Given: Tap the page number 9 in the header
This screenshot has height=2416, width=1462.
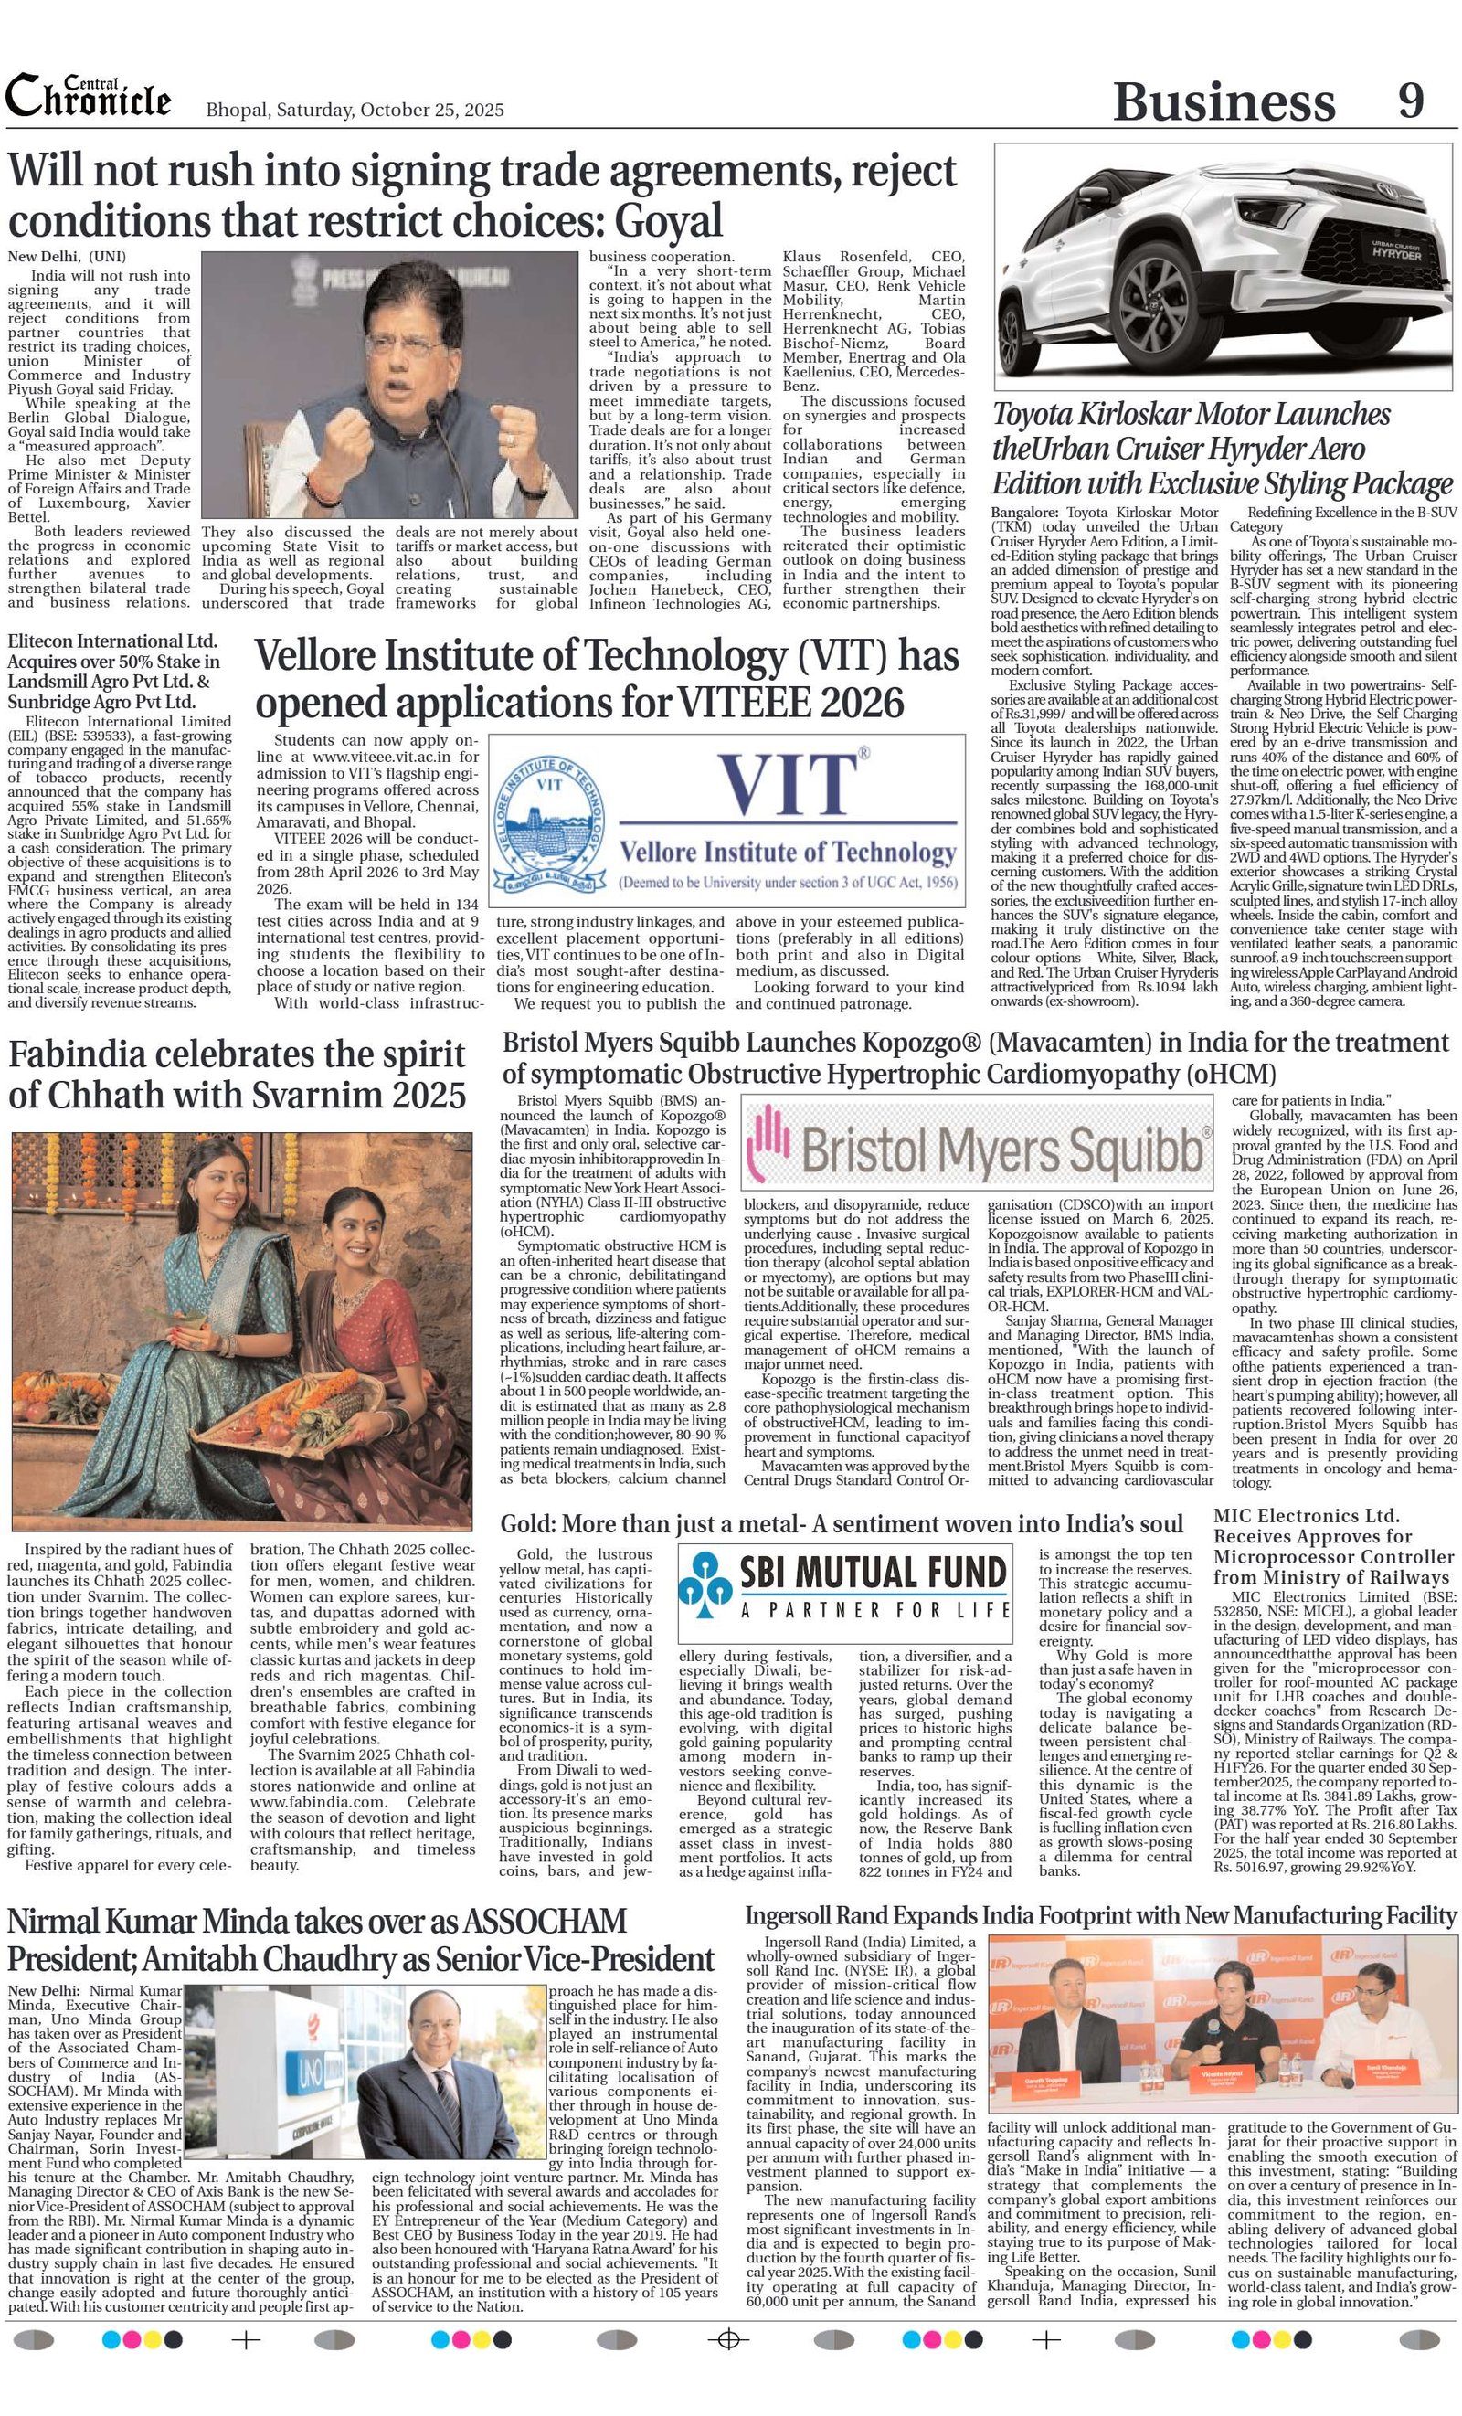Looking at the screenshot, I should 1411,99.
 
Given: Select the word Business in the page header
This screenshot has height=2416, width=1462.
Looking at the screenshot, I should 1224,101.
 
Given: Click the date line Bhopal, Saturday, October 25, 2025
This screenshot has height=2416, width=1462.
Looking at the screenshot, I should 355,110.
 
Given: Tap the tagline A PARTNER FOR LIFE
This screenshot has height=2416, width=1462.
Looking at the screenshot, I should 874,1610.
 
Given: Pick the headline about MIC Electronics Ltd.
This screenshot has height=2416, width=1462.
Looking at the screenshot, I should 1333,1546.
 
